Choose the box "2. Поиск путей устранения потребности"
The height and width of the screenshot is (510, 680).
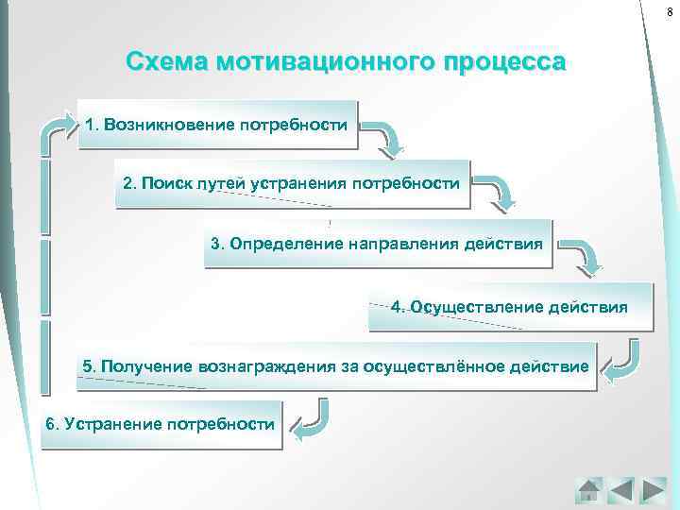click(x=293, y=184)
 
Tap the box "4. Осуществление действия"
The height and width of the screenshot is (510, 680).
click(x=510, y=306)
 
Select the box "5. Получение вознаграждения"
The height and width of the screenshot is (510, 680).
click(x=336, y=366)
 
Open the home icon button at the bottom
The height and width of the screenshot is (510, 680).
click(x=588, y=489)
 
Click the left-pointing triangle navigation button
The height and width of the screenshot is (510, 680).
click(x=620, y=489)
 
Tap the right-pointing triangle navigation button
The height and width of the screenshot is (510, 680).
click(x=653, y=489)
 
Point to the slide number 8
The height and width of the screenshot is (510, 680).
click(x=669, y=9)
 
